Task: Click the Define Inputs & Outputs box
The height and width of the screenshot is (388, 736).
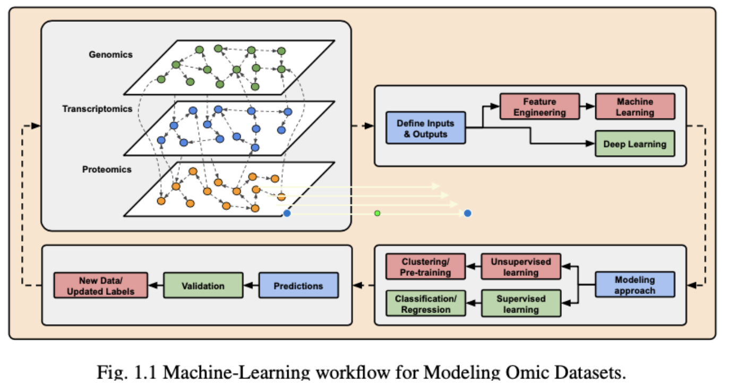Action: [425, 128]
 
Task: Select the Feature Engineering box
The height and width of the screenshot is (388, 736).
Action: [540, 106]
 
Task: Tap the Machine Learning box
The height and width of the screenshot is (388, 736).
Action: [635, 106]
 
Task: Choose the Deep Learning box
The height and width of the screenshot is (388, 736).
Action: [635, 144]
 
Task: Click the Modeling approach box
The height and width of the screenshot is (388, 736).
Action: [635, 285]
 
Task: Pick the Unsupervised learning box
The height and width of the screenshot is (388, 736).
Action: [521, 267]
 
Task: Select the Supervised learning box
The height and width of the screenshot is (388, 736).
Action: [521, 303]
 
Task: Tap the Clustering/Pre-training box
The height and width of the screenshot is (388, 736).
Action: [425, 267]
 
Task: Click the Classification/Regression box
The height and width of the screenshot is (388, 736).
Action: [425, 303]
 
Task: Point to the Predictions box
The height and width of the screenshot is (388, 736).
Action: [298, 285]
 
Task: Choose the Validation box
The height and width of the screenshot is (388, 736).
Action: [203, 285]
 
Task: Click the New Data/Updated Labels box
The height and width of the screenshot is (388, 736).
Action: [100, 285]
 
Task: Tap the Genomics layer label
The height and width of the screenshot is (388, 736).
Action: [111, 54]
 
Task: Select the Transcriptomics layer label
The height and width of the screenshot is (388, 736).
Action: [97, 108]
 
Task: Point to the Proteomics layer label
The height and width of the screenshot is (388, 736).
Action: [107, 170]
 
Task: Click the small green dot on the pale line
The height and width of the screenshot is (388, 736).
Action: [377, 214]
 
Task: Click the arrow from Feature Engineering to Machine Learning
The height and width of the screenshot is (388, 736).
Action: [587, 106]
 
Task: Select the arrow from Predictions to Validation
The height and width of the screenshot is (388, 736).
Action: [251, 285]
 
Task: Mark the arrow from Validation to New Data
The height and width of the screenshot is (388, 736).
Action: [156, 285]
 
